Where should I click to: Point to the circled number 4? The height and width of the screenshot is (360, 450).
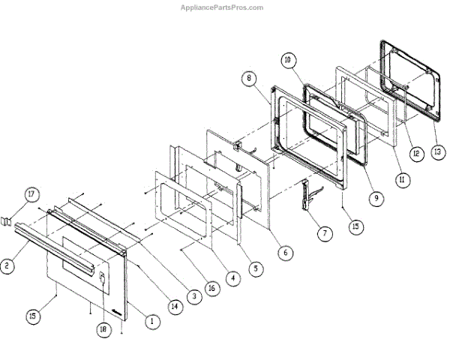(x=233, y=278)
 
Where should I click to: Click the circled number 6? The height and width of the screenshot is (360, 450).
(x=285, y=253)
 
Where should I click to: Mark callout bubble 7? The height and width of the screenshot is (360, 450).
(x=323, y=233)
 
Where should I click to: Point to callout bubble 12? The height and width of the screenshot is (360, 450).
(x=415, y=152)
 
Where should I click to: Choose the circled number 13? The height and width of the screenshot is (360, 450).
(x=436, y=150)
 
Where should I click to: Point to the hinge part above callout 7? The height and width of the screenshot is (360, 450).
(x=308, y=193)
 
